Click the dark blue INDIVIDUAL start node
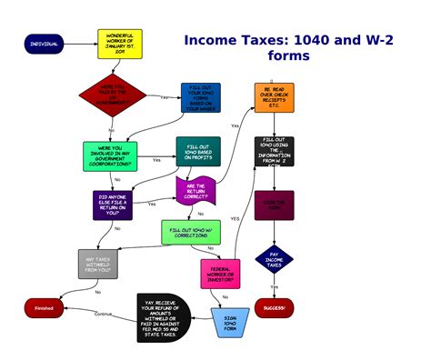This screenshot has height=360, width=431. (44, 44)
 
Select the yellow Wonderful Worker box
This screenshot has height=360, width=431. (119, 44)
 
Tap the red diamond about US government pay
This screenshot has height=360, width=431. (112, 96)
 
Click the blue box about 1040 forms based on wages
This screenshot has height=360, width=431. (200, 97)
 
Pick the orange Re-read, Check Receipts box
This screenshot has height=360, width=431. (274, 97)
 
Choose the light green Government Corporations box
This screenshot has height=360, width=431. (110, 155)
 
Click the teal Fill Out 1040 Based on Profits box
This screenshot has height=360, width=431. (198, 152)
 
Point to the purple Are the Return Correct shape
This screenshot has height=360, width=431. (195, 191)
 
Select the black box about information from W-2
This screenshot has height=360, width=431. (274, 152)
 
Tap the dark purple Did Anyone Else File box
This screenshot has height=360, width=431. (113, 205)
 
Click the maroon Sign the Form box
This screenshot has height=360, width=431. (274, 205)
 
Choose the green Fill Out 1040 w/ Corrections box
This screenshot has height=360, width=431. (190, 232)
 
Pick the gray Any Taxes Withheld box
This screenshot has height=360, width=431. (97, 264)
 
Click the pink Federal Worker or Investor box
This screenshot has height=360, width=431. (220, 273)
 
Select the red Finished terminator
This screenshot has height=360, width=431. (44, 308)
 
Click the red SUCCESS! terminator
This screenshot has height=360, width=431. (274, 308)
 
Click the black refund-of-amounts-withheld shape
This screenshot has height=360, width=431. (161, 317)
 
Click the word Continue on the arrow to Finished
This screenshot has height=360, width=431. (103, 314)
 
